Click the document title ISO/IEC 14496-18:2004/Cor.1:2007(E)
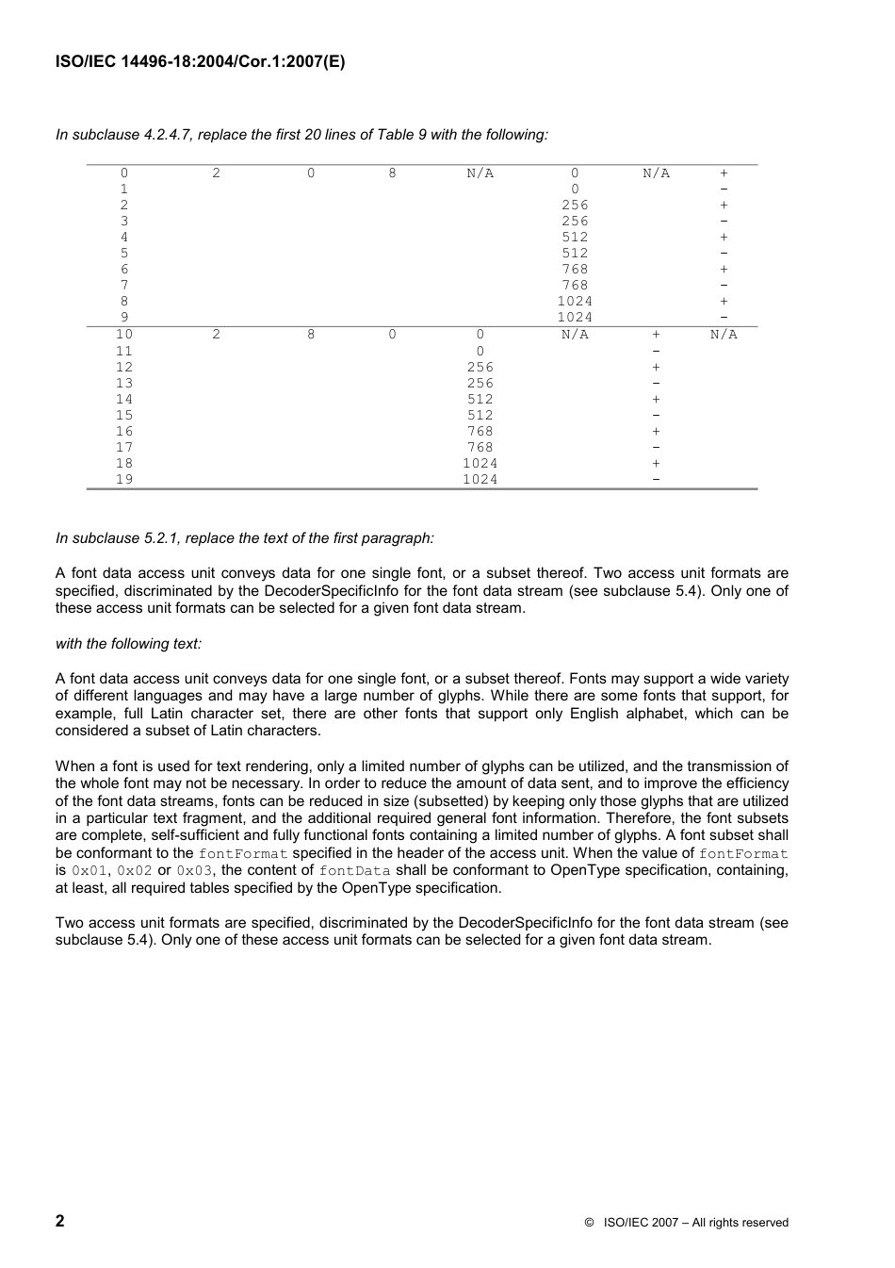(x=200, y=63)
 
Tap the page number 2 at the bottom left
(x=60, y=1221)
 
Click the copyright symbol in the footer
(x=588, y=1223)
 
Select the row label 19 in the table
(x=124, y=479)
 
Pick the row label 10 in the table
(x=124, y=335)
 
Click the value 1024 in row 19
(x=480, y=479)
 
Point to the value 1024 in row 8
(x=575, y=302)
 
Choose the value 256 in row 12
(x=480, y=367)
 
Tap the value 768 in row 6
(x=575, y=270)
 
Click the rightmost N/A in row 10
(x=724, y=335)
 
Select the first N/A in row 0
(x=480, y=173)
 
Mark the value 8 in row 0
(x=392, y=173)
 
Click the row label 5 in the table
(x=124, y=254)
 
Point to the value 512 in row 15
(x=480, y=415)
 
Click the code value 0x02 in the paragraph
(x=134, y=871)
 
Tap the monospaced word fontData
(x=354, y=871)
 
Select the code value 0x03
(x=194, y=871)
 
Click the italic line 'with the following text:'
(x=128, y=644)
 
